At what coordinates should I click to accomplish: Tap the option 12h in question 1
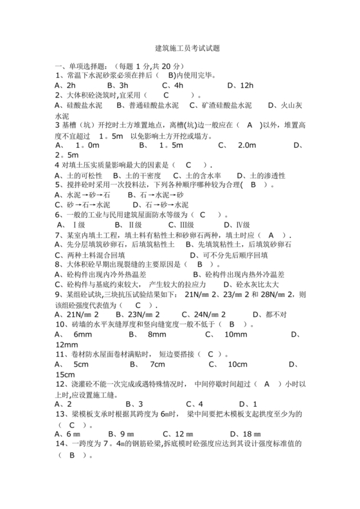coord(247,85)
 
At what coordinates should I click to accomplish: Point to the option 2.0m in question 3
coord(247,145)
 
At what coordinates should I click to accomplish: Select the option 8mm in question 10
coord(157,334)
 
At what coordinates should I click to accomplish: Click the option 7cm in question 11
coord(157,364)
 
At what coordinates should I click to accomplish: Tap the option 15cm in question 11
coord(66,374)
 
